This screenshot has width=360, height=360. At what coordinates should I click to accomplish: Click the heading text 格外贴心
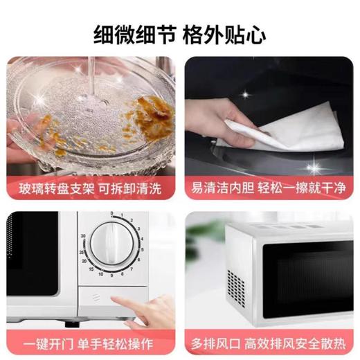pyautogui.click(x=225, y=34)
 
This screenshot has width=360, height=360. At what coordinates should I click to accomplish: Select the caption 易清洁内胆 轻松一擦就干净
pyautogui.click(x=269, y=186)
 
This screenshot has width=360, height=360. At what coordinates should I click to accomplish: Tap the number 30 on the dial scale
pyautogui.click(x=84, y=236)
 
